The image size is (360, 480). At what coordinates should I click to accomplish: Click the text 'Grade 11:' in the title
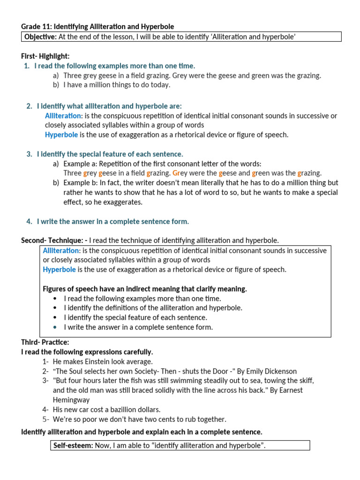pyautogui.click(x=36, y=27)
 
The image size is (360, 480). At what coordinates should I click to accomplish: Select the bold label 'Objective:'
pyautogui.click(x=40, y=37)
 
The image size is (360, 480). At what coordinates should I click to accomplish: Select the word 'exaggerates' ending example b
pyautogui.click(x=123, y=202)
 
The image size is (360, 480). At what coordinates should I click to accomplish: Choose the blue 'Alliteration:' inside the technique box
pyautogui.click(x=62, y=250)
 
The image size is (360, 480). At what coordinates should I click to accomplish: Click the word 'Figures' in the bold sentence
pyautogui.click(x=55, y=289)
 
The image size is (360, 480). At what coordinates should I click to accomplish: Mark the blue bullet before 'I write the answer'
pyautogui.click(x=55, y=327)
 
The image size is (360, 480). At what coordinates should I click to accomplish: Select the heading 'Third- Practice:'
pyautogui.click(x=45, y=342)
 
